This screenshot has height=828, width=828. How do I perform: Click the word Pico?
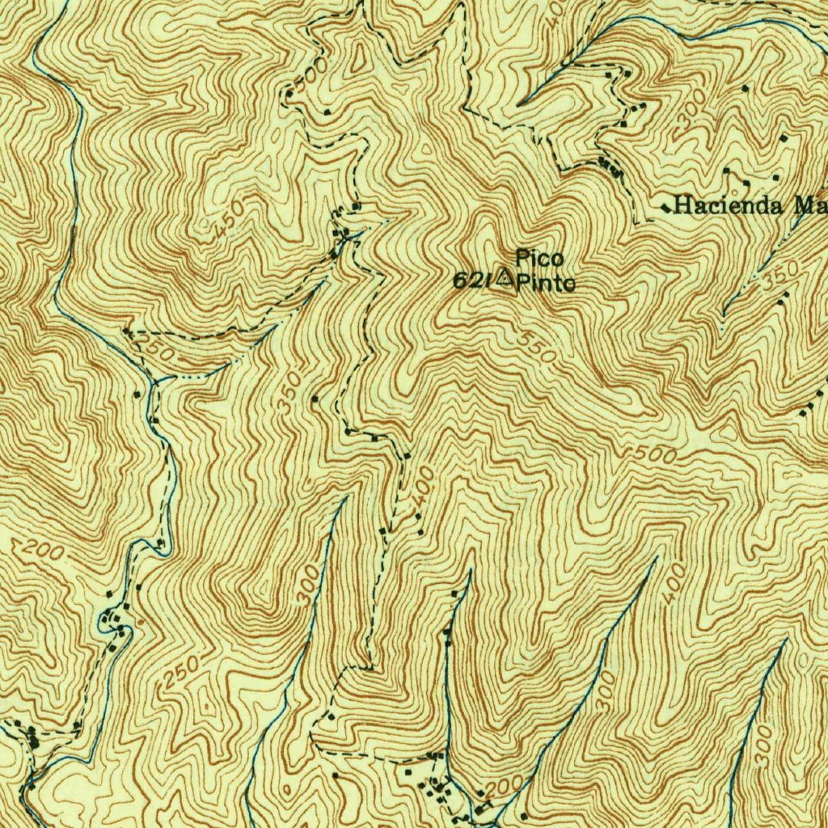click(539, 259)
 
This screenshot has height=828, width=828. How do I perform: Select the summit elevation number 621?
click(472, 281)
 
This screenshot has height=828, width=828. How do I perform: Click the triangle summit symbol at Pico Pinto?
click(505, 280)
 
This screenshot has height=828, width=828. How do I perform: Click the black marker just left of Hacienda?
click(665, 208)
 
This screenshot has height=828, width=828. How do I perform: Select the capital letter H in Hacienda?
click(681, 205)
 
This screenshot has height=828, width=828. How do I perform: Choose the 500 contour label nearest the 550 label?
click(655, 454)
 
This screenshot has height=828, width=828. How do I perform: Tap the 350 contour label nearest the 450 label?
click(294, 390)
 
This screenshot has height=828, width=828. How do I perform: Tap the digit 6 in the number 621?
click(460, 281)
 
